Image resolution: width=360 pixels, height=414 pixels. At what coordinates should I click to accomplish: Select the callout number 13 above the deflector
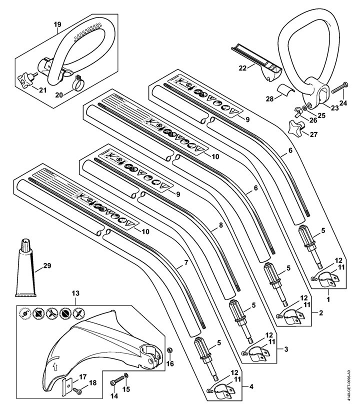coord(75,292)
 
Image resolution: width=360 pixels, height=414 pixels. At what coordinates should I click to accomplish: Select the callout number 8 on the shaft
coord(220,225)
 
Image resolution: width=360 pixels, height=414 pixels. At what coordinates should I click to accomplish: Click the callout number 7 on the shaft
coord(186,262)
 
